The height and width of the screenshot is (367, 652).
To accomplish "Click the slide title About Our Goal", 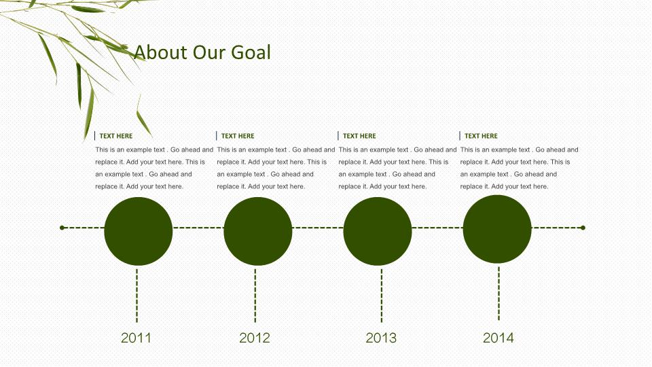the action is (x=202, y=52).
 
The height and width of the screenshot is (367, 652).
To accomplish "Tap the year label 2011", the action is (x=136, y=338).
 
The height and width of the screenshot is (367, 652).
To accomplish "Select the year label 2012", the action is (x=255, y=338).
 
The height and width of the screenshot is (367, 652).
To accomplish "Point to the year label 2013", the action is (x=381, y=338).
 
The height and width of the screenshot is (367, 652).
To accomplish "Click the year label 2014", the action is (x=498, y=338).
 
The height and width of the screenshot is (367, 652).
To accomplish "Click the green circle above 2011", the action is (x=139, y=231).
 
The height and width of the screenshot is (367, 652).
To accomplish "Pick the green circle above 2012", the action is (x=258, y=231).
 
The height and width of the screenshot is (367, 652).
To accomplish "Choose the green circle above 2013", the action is (x=378, y=231).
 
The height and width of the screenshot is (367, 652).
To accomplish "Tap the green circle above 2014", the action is (x=497, y=229).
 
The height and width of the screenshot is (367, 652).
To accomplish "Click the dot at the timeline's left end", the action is (x=62, y=228).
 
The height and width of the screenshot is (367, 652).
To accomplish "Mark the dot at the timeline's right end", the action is (x=583, y=228).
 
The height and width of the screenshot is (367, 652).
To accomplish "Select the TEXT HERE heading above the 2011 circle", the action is (x=116, y=136).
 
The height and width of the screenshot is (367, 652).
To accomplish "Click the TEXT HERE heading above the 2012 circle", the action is (x=238, y=136).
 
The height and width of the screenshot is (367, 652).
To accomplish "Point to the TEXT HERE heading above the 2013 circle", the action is (x=359, y=136).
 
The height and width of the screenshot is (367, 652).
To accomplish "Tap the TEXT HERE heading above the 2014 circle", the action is (x=481, y=136).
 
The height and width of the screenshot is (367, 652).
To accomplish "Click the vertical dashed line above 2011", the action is (x=137, y=296).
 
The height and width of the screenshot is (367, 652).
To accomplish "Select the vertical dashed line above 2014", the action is (x=499, y=294).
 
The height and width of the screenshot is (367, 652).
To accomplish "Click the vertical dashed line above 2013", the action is (x=382, y=296).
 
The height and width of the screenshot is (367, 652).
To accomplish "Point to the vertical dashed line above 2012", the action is (x=255, y=296).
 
